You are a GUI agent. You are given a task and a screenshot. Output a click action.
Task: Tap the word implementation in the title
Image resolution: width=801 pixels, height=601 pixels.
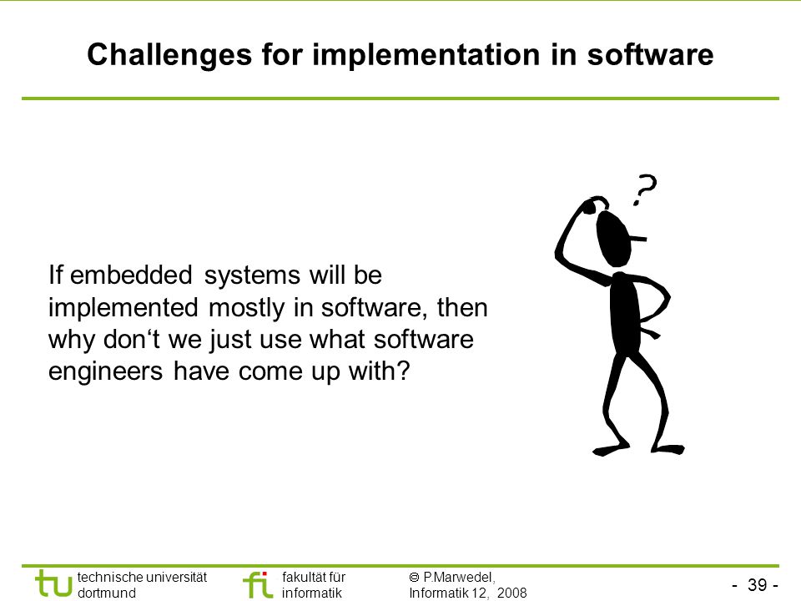coord(426,55)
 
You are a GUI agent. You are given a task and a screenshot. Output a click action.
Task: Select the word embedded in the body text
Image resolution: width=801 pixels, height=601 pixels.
coord(131,275)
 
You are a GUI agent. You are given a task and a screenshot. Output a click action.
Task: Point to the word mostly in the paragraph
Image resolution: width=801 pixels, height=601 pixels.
coord(246,308)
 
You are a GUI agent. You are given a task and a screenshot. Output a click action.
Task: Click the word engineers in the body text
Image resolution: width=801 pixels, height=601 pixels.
coord(105,371)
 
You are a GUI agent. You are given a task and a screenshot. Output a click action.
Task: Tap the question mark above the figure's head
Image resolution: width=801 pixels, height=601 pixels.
coord(645,189)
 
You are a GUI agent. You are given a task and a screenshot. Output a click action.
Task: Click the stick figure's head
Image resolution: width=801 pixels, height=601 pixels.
coord(614,238)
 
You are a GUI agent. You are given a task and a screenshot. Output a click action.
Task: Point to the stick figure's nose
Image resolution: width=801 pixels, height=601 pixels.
coord(638,238)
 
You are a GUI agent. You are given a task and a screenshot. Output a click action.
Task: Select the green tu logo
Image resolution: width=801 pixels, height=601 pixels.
coord(53,583)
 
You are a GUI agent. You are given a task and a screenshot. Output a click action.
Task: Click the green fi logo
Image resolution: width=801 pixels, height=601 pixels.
coord(258,584)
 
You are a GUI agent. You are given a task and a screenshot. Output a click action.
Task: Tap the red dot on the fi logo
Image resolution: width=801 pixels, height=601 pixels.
coord(264,574)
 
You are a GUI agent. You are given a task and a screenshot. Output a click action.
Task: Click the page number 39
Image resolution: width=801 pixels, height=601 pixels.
coord(757,584)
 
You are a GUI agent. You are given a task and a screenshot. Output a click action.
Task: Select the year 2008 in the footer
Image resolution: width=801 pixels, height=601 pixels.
coord(511,593)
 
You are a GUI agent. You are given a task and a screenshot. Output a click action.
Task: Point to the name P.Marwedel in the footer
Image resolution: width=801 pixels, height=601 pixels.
coord(459,578)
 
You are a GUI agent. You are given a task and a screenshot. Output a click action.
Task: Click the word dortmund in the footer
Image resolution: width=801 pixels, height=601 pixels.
coord(106,593)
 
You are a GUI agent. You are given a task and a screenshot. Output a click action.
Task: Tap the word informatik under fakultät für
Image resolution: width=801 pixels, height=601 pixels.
coord(311,593)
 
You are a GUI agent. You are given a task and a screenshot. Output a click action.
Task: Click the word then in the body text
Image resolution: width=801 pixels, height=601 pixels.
coord(462,308)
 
